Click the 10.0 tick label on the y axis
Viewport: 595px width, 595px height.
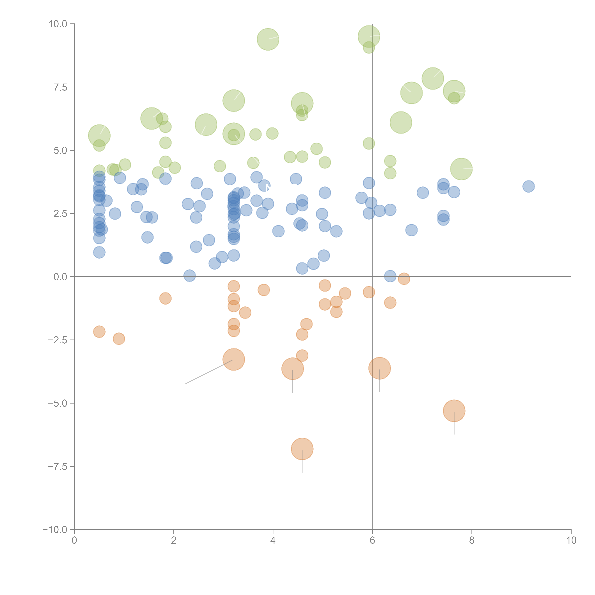58,24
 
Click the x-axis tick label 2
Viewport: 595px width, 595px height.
174,540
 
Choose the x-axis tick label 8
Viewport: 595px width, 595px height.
472,540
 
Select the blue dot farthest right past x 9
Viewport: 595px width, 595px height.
528,186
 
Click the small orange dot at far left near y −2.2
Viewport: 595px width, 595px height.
99,332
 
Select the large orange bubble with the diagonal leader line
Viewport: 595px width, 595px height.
234,359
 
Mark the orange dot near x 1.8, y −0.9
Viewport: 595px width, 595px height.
165,298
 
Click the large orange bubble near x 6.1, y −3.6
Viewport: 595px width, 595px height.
379,368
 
